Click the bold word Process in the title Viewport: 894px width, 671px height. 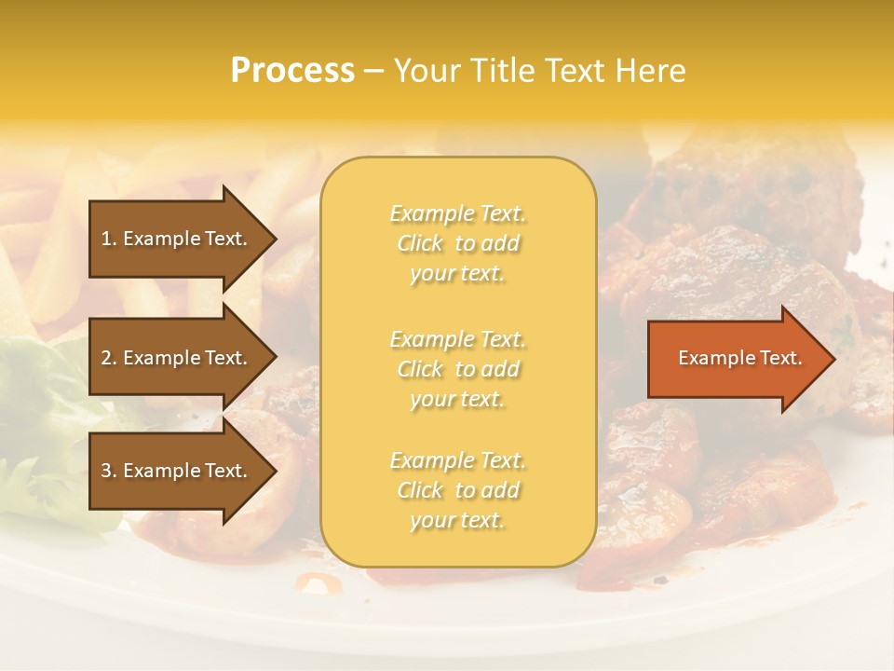click(292, 71)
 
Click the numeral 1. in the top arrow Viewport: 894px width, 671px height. click(109, 239)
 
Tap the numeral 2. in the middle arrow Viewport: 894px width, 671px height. click(109, 358)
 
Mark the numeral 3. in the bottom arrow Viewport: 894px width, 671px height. click(109, 471)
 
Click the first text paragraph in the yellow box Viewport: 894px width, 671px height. click(458, 243)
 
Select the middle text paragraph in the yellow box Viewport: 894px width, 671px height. click(458, 369)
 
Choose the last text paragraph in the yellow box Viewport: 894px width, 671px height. click(458, 490)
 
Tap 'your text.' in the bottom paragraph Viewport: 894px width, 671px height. click(457, 520)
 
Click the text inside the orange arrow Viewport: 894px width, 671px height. click(739, 358)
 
